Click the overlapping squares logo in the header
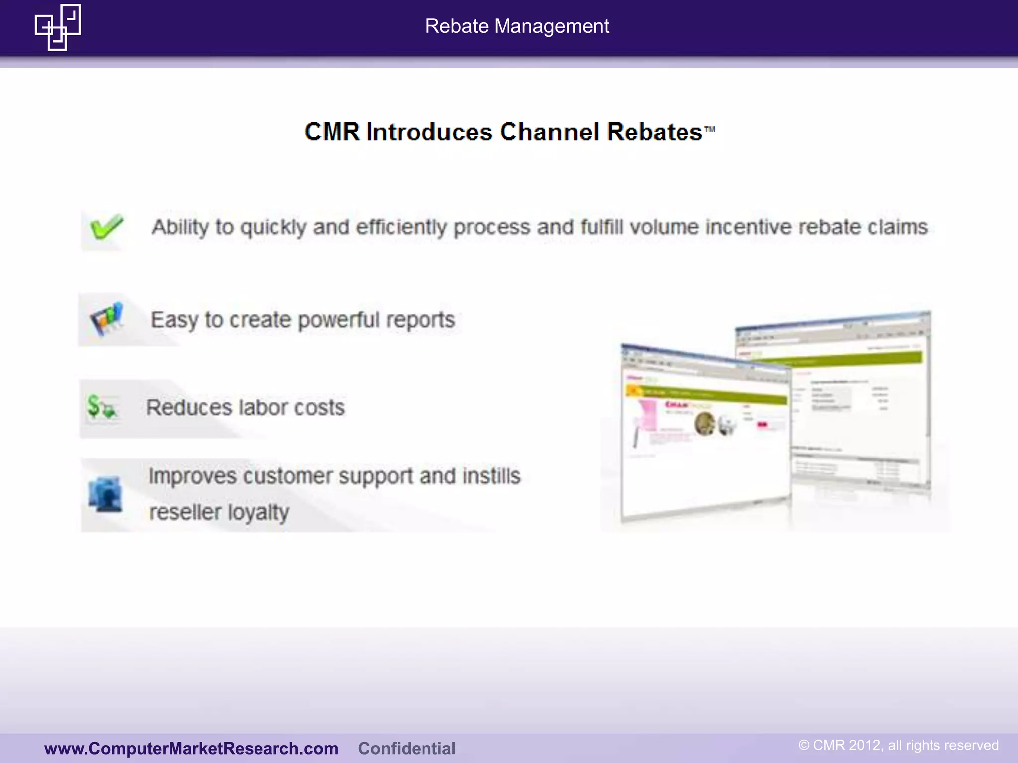(x=58, y=27)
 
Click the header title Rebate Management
(x=517, y=26)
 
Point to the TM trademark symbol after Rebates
(x=710, y=129)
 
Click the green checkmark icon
(x=105, y=228)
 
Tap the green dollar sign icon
(x=101, y=407)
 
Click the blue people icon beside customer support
(x=105, y=494)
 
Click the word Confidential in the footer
(x=407, y=748)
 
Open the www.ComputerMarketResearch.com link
(x=191, y=748)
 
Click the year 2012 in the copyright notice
(x=865, y=745)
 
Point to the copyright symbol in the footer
(x=804, y=745)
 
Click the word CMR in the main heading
(x=332, y=132)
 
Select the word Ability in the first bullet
(x=180, y=227)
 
